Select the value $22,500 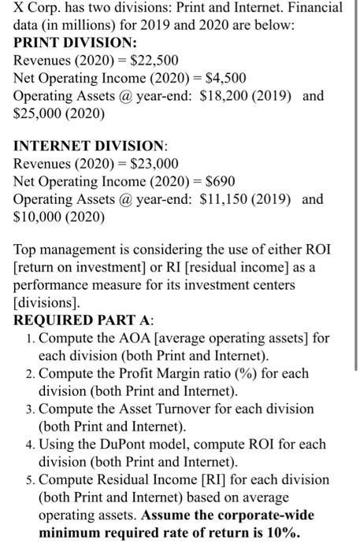(x=155, y=60)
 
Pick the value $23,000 (x=155, y=164)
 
